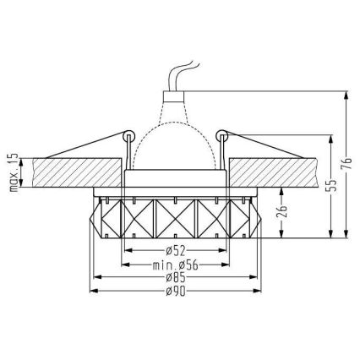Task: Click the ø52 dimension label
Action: [176, 250]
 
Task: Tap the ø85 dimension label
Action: [176, 277]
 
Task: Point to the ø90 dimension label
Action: [176, 291]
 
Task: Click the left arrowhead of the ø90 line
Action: [92, 291]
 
